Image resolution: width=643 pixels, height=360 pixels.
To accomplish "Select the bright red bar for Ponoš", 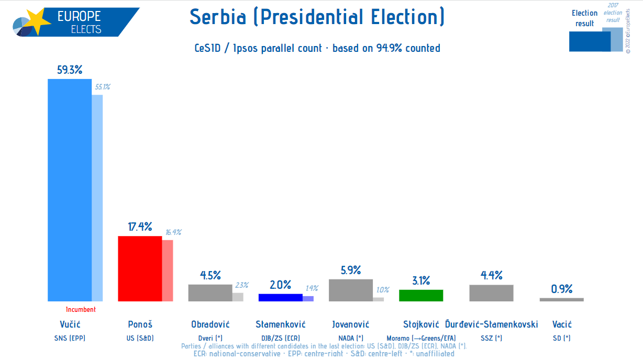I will (140, 268).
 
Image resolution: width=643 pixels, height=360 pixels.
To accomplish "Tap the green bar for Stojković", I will (421, 295).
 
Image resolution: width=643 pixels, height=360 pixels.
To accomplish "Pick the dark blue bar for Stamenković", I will (281, 297).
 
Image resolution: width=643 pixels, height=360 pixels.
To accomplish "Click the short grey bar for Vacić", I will (561, 299).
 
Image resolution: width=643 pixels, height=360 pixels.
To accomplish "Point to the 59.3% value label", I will (70, 70).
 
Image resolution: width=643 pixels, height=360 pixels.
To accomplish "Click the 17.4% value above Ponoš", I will (140, 227).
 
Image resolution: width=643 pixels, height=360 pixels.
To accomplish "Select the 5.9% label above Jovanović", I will (351, 270).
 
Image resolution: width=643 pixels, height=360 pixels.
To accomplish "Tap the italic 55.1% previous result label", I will (103, 87).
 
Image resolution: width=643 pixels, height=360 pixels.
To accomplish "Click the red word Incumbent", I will (81, 309).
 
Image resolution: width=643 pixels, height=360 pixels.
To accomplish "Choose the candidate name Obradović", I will (210, 324).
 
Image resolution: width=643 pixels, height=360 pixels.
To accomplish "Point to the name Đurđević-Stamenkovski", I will (492, 324).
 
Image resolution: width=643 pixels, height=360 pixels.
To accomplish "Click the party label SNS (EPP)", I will (70, 338).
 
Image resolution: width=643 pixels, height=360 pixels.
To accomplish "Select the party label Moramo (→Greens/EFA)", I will (421, 338).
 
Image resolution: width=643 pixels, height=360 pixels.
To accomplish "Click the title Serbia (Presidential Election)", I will (317, 18).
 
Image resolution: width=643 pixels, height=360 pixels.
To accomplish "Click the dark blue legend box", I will (590, 41).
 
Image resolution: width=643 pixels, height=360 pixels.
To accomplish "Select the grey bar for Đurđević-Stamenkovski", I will (491, 293).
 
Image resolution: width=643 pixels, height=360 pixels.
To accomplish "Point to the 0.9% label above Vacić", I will (562, 289).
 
